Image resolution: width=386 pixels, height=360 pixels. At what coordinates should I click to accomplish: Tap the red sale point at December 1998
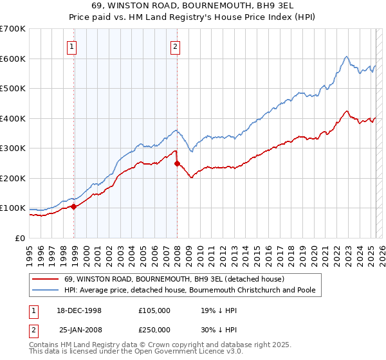(x=74, y=206)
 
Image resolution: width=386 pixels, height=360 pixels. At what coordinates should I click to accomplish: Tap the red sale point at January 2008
(x=178, y=163)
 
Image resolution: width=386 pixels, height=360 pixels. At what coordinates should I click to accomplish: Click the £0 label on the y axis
(x=20, y=238)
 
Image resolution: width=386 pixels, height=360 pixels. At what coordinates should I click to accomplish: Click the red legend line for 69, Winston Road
(x=44, y=279)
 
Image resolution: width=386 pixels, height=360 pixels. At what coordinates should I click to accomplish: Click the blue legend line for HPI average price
(x=44, y=290)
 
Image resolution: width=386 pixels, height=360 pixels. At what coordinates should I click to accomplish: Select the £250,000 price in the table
(x=154, y=330)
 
